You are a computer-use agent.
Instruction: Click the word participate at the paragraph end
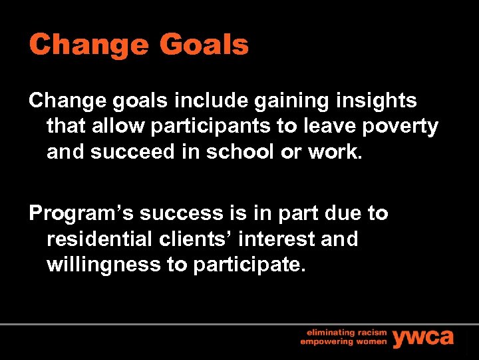click(247, 265)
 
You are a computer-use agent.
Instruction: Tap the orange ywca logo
click(423, 337)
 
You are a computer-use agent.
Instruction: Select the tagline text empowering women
click(342, 342)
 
